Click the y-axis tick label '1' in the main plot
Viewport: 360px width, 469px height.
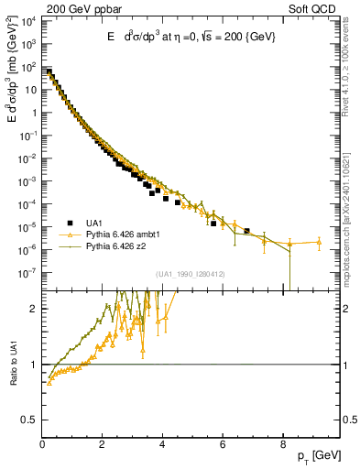(x=33, y=113)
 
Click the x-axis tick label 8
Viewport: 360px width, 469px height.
(x=282, y=446)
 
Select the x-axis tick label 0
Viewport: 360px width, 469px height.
(x=42, y=446)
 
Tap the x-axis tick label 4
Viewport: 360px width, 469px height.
(x=162, y=446)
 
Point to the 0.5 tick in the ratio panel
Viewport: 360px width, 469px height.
(x=30, y=420)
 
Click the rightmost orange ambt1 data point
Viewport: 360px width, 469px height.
(x=319, y=243)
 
